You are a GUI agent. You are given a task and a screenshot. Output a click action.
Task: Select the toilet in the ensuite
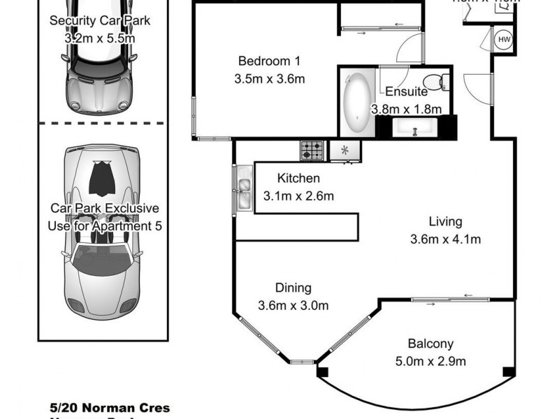435,82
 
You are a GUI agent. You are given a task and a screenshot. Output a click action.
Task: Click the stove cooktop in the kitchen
312,149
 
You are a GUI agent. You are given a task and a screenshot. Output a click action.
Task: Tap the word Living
445,222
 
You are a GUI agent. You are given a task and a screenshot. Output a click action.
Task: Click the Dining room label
293,287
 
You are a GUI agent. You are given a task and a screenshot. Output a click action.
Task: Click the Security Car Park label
99,21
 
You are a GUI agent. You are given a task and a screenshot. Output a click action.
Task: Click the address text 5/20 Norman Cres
110,408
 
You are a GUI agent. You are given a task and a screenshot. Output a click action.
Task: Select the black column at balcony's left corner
322,372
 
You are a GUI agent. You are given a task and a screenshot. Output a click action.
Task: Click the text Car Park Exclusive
104,208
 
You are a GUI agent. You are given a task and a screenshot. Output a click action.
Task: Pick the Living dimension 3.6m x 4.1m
445,240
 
